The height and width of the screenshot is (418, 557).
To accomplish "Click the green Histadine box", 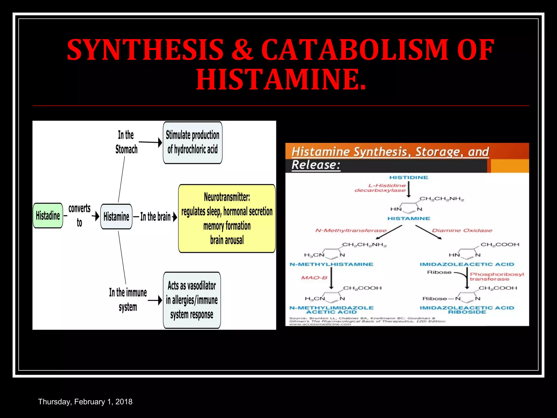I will click(x=48, y=216).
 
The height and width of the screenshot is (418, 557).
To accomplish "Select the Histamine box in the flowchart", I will click(x=116, y=217).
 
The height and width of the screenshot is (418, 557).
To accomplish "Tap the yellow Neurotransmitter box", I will click(x=227, y=219).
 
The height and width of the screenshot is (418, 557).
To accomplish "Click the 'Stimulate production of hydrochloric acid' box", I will click(x=193, y=142).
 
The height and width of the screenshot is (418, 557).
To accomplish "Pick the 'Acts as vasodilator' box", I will click(x=192, y=300).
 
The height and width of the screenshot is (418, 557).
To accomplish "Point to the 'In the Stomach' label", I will click(x=126, y=142).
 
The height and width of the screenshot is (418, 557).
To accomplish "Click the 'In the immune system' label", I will click(x=128, y=300).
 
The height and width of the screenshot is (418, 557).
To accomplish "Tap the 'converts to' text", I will click(x=79, y=215).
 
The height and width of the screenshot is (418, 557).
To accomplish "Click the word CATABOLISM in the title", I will click(x=355, y=50).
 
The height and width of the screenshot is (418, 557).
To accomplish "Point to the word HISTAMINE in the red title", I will click(x=281, y=79).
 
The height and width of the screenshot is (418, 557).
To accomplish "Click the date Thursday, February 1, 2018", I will click(x=85, y=402).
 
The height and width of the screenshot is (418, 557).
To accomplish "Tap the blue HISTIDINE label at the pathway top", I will click(x=409, y=177).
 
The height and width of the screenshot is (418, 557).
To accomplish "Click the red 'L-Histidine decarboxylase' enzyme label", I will click(x=380, y=188).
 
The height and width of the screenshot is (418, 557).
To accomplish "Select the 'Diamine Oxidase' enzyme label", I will click(x=462, y=230).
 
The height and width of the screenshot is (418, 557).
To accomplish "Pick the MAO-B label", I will click(x=314, y=278).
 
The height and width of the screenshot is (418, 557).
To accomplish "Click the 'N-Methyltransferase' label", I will click(x=351, y=230).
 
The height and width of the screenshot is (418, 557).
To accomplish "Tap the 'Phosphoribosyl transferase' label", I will click(x=497, y=276).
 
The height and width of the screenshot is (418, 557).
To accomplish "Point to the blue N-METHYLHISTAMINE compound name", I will click(x=331, y=264).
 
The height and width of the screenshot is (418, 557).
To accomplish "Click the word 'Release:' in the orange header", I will click(x=316, y=165).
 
